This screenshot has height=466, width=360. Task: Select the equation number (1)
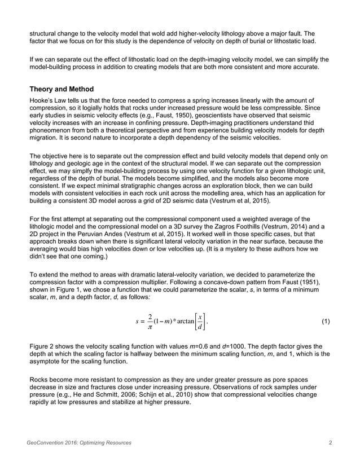pos(326,322)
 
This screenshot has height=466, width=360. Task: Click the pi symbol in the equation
pos(149,328)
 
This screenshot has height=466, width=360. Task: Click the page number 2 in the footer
pos(330,443)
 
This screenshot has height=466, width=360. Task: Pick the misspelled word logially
pos(103,109)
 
